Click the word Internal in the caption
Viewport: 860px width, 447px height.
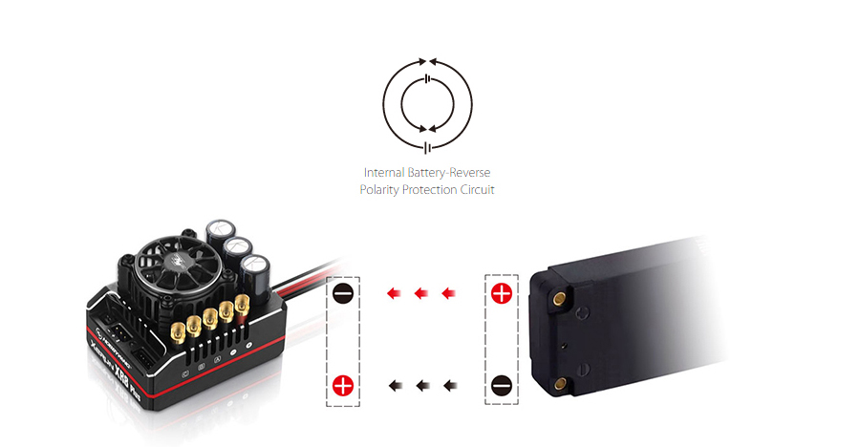pos(384,173)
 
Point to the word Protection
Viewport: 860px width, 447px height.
pos(433,190)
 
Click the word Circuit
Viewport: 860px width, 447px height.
pos(481,190)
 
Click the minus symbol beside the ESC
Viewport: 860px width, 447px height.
pos(343,293)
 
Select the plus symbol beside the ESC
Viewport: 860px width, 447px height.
pos(343,386)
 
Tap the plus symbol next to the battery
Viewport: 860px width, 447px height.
pos(501,293)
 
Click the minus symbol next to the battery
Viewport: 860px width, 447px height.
pos(501,386)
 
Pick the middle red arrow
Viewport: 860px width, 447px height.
pos(419,293)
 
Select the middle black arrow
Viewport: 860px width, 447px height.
pos(419,386)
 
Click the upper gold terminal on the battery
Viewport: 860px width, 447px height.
pos(557,298)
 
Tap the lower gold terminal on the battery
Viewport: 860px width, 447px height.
pos(559,382)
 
